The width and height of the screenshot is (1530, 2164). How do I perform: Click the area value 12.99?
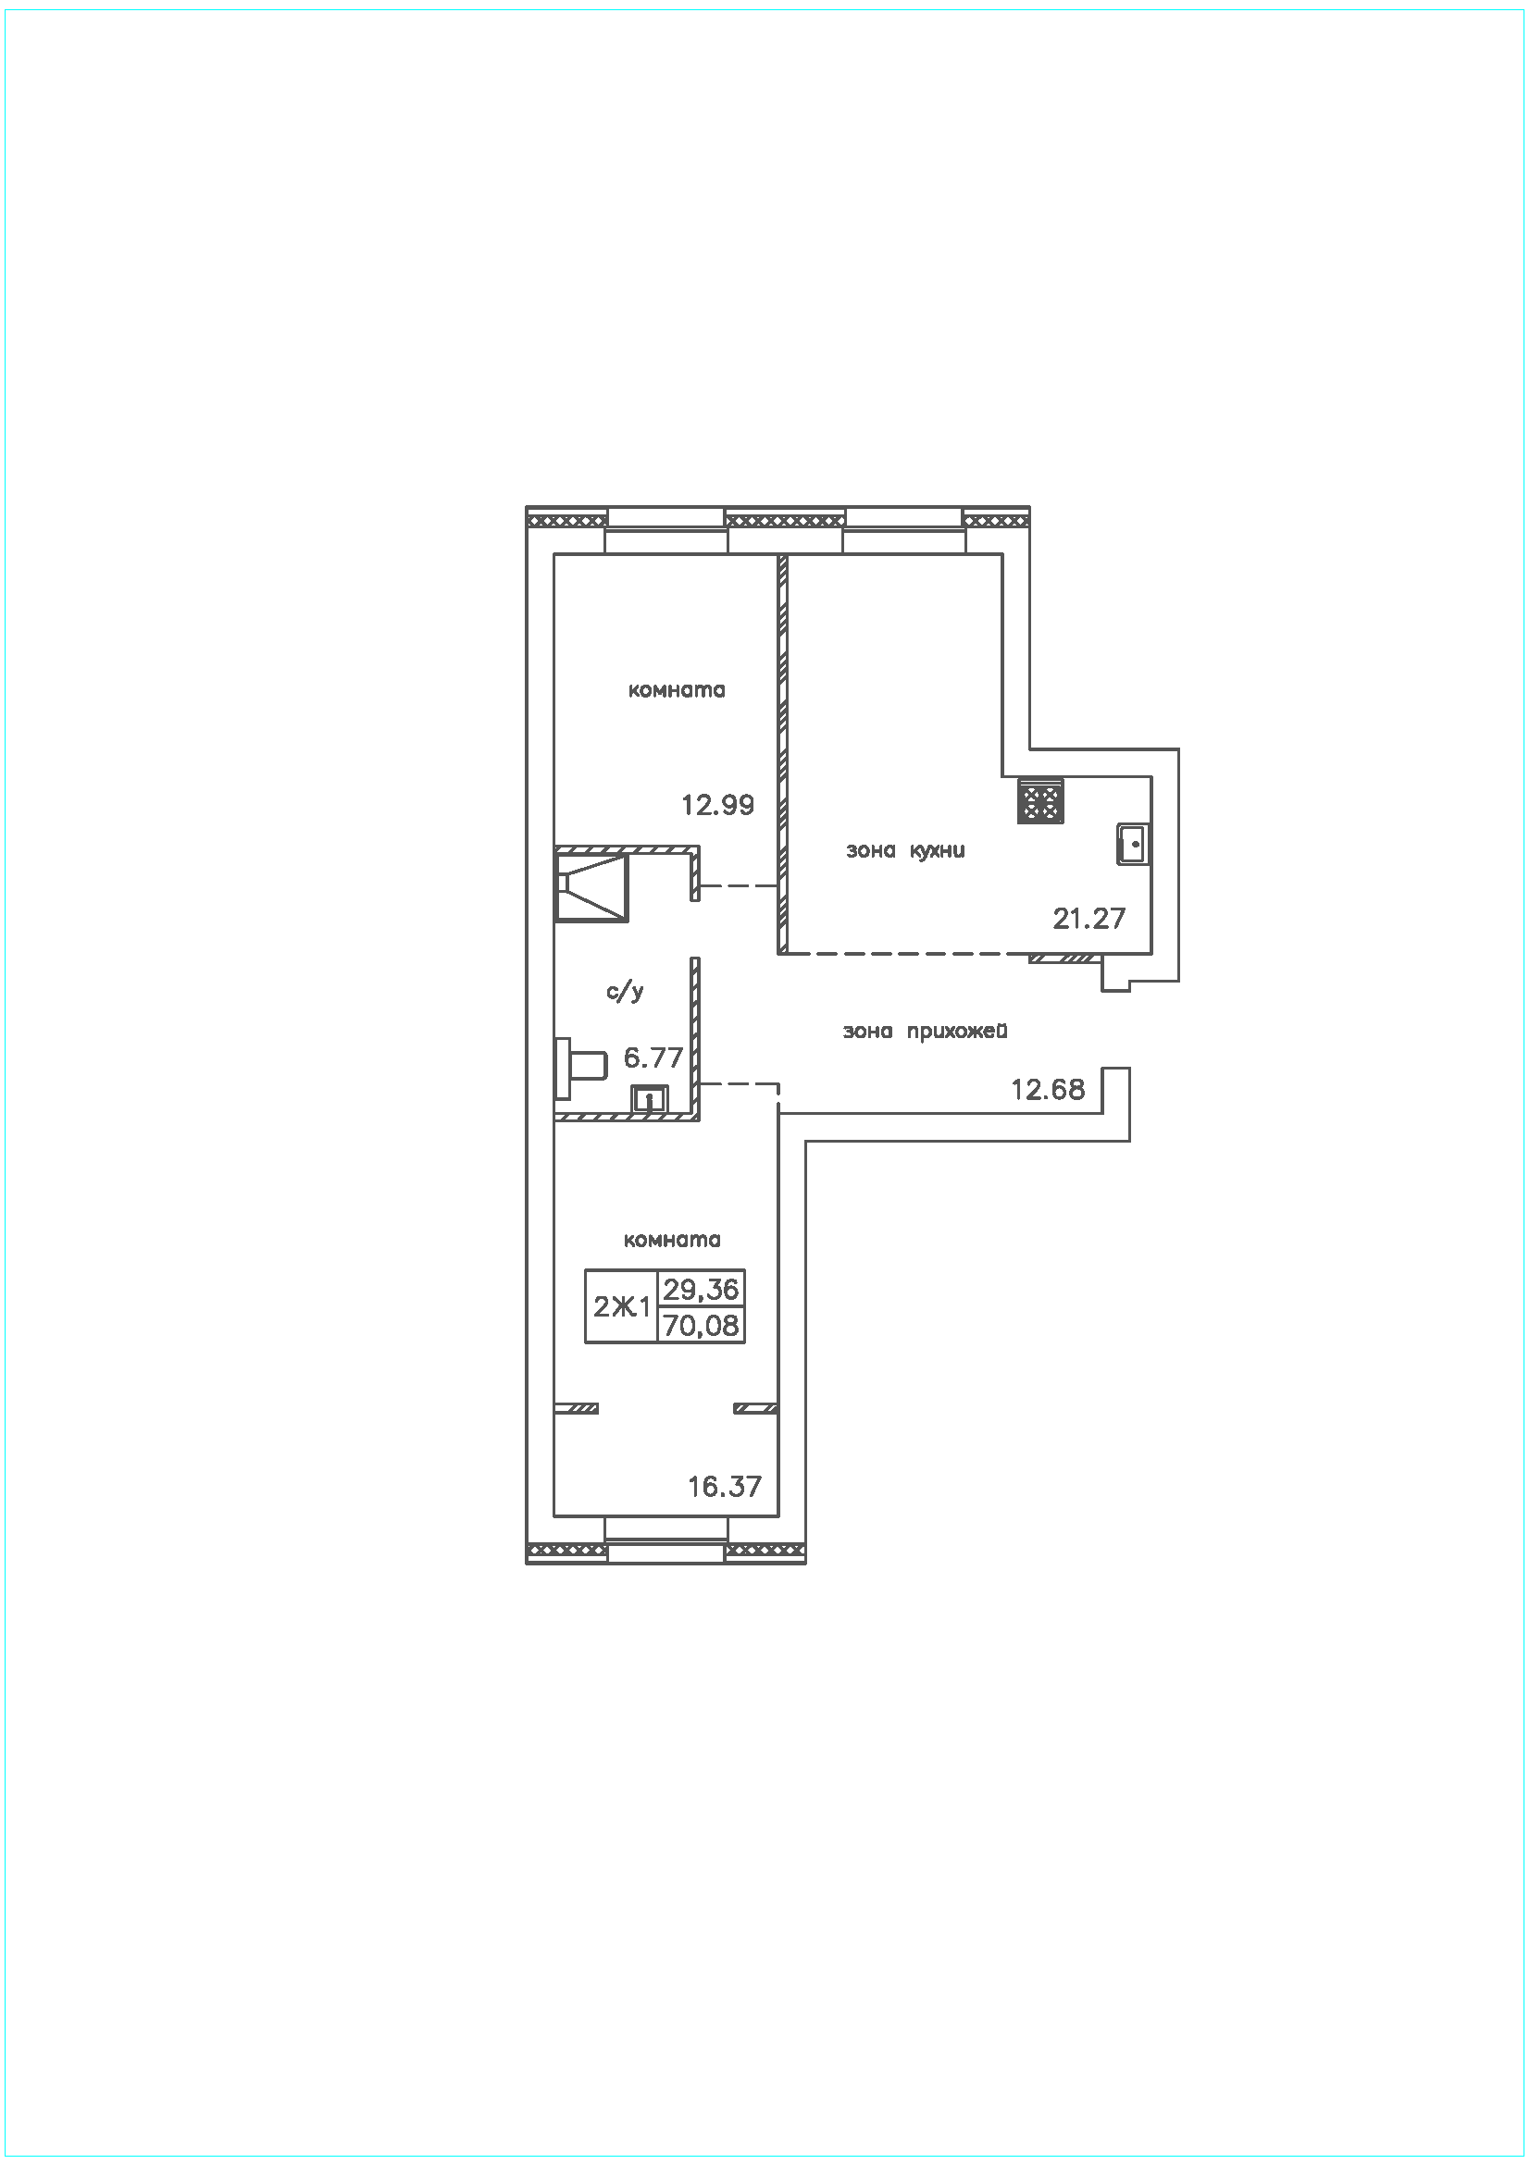(x=717, y=805)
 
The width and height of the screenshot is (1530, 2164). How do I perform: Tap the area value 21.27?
(x=1088, y=918)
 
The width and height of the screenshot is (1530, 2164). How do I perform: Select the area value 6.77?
(x=653, y=1057)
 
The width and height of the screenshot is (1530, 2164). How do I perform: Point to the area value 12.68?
(x=1048, y=1090)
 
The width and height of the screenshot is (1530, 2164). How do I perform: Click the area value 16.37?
(x=724, y=1487)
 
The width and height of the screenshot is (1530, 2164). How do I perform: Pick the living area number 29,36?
(x=701, y=1289)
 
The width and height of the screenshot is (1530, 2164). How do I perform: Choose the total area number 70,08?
(x=702, y=1326)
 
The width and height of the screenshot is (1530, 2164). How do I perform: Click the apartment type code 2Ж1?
(x=621, y=1307)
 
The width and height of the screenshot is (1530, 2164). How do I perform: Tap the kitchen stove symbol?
(x=1040, y=801)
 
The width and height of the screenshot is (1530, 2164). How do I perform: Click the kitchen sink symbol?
(x=1132, y=844)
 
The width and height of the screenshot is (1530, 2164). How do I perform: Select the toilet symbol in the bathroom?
(x=578, y=1068)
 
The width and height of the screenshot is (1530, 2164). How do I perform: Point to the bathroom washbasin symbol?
(x=649, y=1099)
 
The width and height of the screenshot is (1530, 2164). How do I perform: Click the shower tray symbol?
(x=591, y=887)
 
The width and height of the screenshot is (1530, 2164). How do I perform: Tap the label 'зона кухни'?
(x=905, y=851)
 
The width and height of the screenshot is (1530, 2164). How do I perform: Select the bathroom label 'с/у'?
(x=624, y=992)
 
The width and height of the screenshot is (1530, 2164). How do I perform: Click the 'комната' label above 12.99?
(x=677, y=690)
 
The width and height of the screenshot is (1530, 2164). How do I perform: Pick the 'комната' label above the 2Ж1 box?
(x=672, y=1241)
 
